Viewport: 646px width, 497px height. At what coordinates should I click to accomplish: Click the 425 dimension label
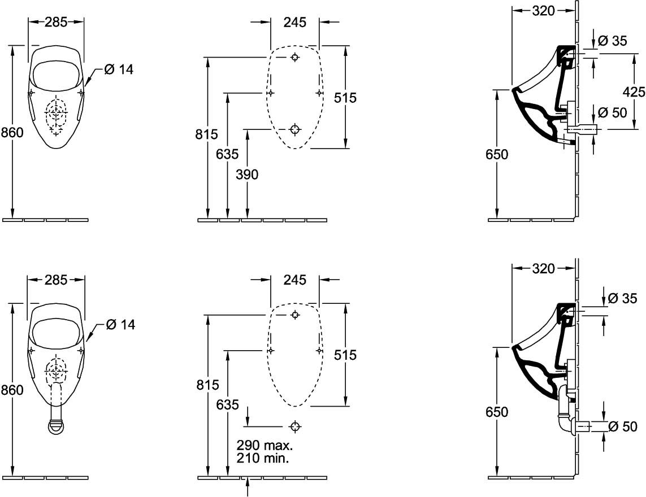pos(634,91)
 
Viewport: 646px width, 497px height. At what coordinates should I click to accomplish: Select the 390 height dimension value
pos(247,175)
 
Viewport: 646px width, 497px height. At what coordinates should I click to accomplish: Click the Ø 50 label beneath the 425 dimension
pos(612,112)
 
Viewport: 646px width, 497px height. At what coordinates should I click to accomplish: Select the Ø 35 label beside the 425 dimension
pos(612,41)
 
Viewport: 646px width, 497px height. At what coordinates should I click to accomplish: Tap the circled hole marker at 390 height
pos(294,129)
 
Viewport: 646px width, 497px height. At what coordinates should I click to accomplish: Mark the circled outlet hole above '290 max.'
pos(294,425)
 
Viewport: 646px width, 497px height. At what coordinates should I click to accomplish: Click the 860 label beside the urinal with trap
pos(12,390)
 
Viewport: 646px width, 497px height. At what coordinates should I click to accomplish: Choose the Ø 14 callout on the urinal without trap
pos(119,69)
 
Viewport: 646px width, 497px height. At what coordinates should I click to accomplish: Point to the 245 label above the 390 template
pos(294,22)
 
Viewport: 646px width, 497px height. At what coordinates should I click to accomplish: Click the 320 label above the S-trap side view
pos(543,269)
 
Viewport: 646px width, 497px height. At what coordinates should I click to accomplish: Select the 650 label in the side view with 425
pos(497,154)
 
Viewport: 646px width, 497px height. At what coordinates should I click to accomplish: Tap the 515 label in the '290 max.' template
pos(345,355)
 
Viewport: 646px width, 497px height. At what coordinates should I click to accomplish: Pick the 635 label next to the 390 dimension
pos(227,154)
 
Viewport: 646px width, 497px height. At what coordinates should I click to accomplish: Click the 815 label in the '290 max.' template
pos(207,385)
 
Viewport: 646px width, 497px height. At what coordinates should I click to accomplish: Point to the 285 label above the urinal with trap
pos(56,279)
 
